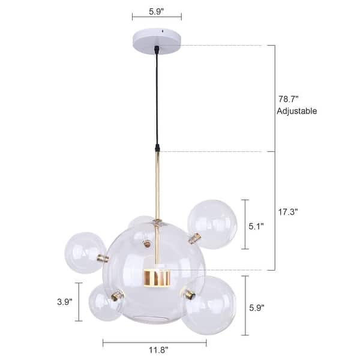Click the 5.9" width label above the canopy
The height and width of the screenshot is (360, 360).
pyautogui.click(x=156, y=10)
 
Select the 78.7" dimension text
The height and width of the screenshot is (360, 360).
pyautogui.click(x=289, y=99)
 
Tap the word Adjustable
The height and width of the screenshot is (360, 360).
pyautogui.click(x=296, y=111)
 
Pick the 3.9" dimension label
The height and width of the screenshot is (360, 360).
pyautogui.click(x=62, y=302)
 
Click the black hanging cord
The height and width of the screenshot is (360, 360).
pyautogui.click(x=157, y=96)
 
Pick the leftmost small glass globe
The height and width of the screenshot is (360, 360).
pyautogui.click(x=85, y=253)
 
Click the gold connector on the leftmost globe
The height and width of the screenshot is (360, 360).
pyautogui.click(x=103, y=259)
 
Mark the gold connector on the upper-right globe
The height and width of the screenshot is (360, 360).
pyautogui.click(x=194, y=239)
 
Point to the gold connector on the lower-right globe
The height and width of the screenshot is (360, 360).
pyautogui.click(x=190, y=294)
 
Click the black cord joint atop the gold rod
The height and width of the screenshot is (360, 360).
pyautogui.click(x=157, y=147)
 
